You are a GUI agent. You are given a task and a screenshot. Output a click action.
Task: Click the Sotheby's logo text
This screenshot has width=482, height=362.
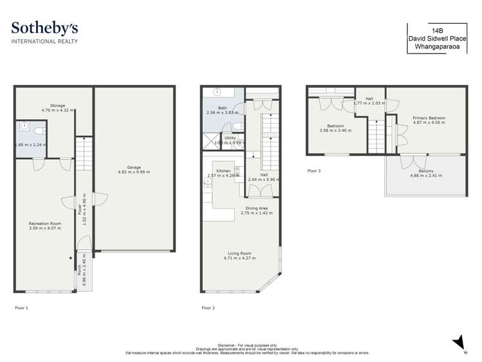point(45,28)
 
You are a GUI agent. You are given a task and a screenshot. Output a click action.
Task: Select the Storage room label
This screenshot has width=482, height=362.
point(58,106)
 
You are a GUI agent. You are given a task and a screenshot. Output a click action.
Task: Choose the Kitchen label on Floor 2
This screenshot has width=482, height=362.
point(223,171)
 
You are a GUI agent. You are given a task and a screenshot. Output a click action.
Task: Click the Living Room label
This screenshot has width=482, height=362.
point(239,253)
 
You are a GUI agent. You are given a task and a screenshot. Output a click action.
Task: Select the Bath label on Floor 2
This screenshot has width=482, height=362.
point(222,108)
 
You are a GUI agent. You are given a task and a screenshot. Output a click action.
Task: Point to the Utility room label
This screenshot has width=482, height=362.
point(230,138)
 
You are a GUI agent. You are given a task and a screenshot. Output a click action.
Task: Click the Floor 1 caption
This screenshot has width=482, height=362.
point(21,308)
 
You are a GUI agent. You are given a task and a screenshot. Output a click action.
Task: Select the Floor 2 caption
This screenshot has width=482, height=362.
point(208,308)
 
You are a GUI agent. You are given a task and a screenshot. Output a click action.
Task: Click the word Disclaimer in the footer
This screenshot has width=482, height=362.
point(230,345)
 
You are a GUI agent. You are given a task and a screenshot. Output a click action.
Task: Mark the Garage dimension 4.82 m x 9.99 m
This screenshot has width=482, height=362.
point(134,173)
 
